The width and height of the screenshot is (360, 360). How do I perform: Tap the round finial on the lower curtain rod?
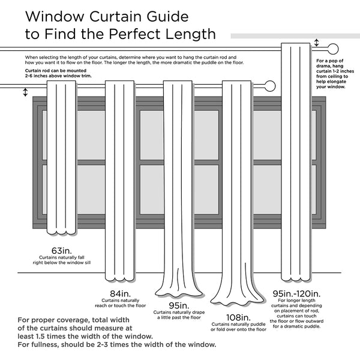pyautogui.click(x=269, y=86)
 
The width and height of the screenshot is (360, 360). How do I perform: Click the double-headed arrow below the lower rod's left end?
pyautogui.click(x=25, y=92)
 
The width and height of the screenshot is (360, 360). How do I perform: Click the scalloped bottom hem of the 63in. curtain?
pyautogui.click(x=62, y=231)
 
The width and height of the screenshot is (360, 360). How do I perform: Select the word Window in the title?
pyautogui.click(x=53, y=14)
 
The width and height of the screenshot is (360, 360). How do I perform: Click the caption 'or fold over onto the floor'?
pyautogui.click(x=238, y=329)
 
